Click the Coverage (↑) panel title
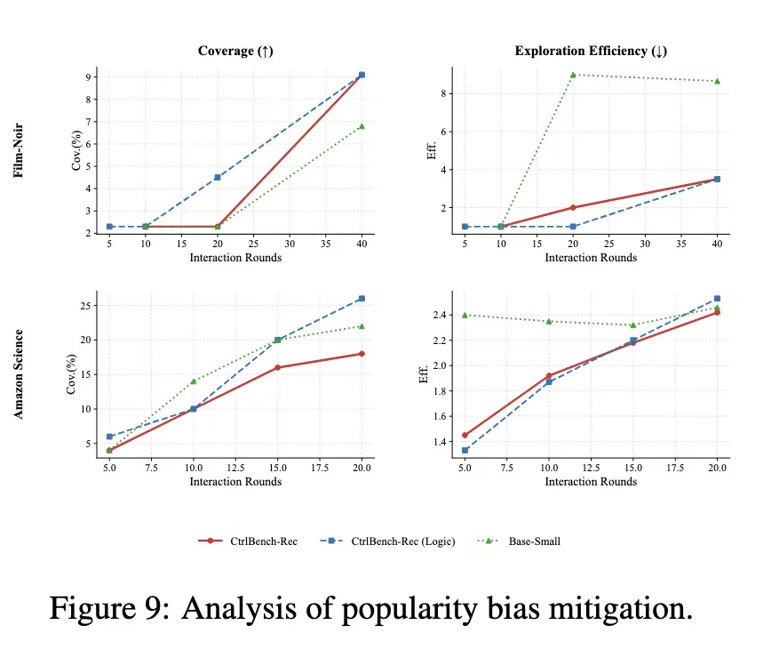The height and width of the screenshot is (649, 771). [x=235, y=52]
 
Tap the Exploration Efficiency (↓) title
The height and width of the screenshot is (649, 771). [x=591, y=52]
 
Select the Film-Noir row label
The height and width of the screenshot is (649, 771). [x=19, y=150]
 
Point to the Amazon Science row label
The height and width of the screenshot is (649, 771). [x=19, y=374]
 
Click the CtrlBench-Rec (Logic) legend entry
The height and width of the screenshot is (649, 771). [x=387, y=541]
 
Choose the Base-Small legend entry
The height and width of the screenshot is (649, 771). [x=519, y=541]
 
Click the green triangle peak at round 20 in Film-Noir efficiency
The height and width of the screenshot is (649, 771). [x=573, y=75]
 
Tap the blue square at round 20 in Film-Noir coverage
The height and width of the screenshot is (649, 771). [x=218, y=177]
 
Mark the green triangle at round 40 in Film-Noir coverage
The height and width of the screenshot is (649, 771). [x=362, y=126]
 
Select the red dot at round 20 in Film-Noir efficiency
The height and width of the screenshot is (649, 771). [x=573, y=208]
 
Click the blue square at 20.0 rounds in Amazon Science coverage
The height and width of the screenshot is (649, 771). [x=362, y=299]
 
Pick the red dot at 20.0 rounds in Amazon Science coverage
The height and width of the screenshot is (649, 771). [x=362, y=354]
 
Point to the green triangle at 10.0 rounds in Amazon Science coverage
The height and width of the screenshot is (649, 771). [x=194, y=381]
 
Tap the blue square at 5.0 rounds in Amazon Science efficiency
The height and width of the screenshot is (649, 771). [x=465, y=450]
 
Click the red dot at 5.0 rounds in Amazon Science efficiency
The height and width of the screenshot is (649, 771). [x=465, y=435]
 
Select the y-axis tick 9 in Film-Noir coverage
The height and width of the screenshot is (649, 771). [x=89, y=76]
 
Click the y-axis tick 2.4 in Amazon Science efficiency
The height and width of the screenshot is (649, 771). [x=440, y=315]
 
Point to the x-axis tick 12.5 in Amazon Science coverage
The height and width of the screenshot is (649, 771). [x=235, y=468]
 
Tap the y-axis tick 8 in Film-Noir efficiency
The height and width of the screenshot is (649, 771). [x=443, y=93]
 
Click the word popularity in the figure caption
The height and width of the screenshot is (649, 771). [x=409, y=608]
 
